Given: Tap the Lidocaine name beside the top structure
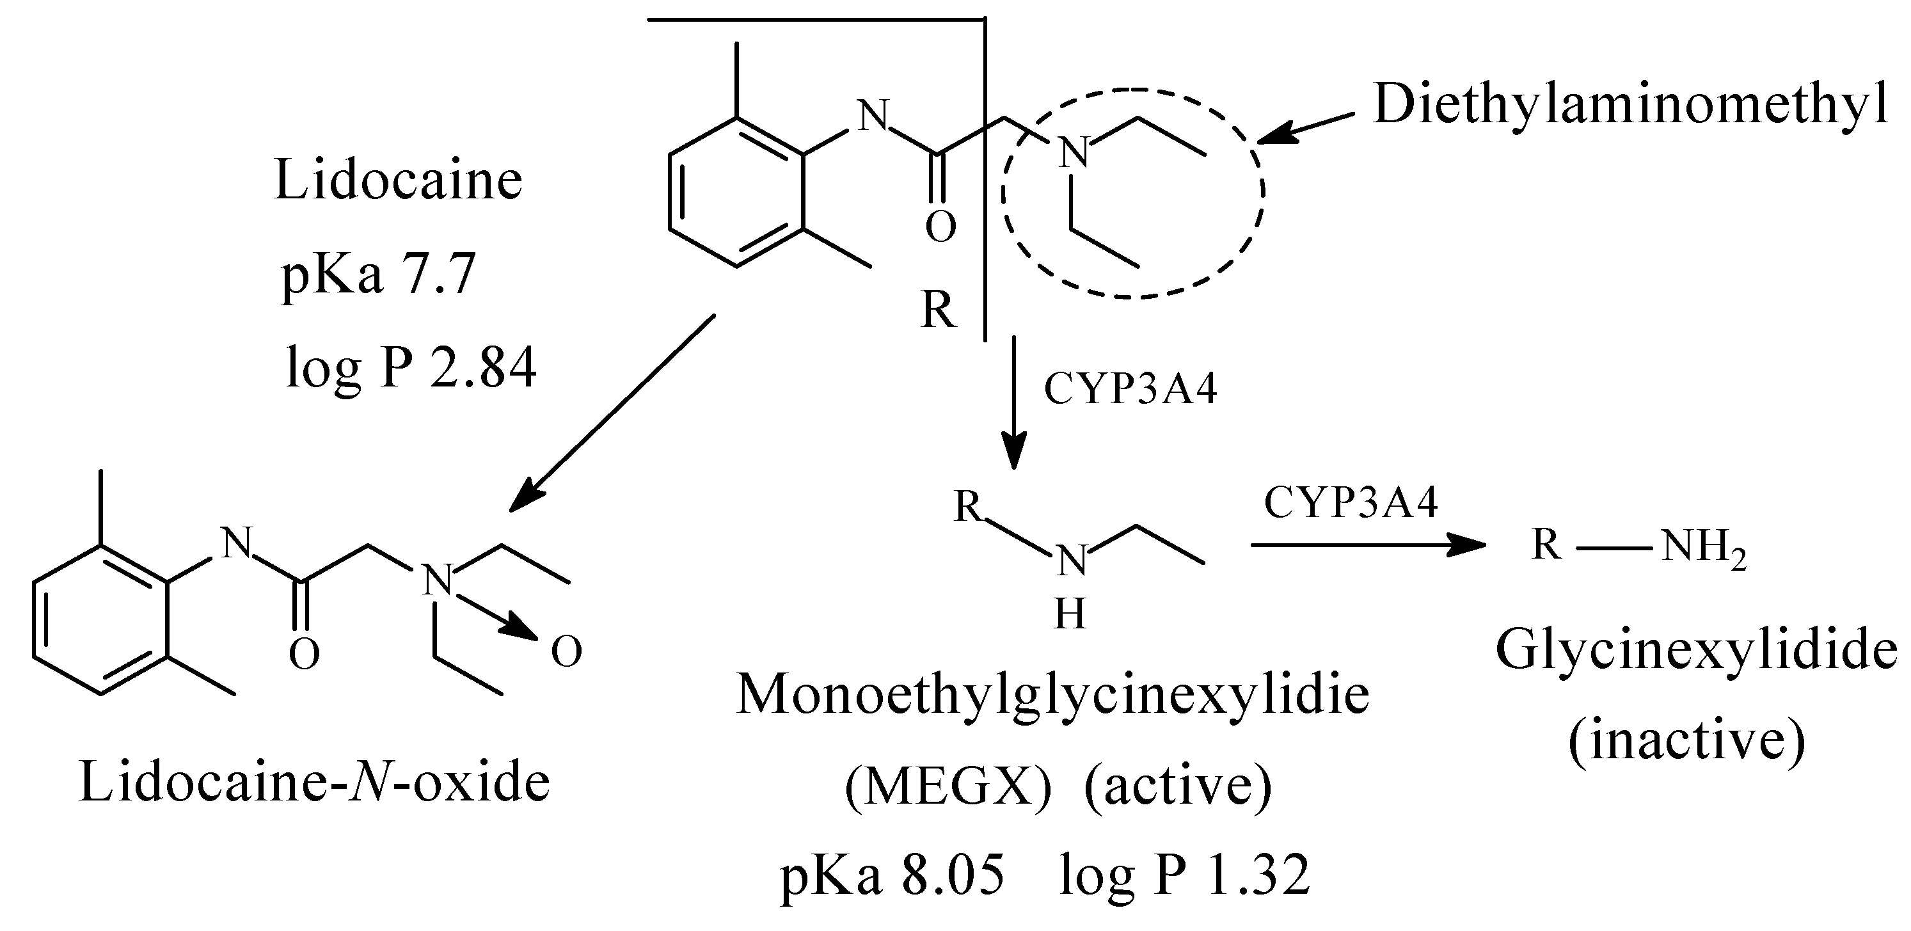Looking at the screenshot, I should pyautogui.click(x=399, y=180).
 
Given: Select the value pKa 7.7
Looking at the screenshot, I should pyautogui.click(x=378, y=275).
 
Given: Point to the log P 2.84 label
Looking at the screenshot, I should pyautogui.click(x=410, y=368).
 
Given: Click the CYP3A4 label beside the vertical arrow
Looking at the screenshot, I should pyautogui.click(x=1130, y=389).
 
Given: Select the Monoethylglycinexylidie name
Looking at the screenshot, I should pyautogui.click(x=1052, y=696).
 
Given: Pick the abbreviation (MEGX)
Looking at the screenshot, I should pyautogui.click(x=948, y=786).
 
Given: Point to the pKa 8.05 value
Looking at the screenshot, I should pyautogui.click(x=892, y=875).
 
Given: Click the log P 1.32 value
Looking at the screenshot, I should pyautogui.click(x=1185, y=875).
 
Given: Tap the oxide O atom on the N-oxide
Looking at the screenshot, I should pyautogui.click(x=567, y=652).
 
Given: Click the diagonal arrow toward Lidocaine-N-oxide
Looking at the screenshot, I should pyautogui.click(x=613, y=413).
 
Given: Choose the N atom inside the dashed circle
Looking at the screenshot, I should pyautogui.click(x=1074, y=152).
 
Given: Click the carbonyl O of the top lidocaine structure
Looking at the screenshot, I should pyautogui.click(x=940, y=227).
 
